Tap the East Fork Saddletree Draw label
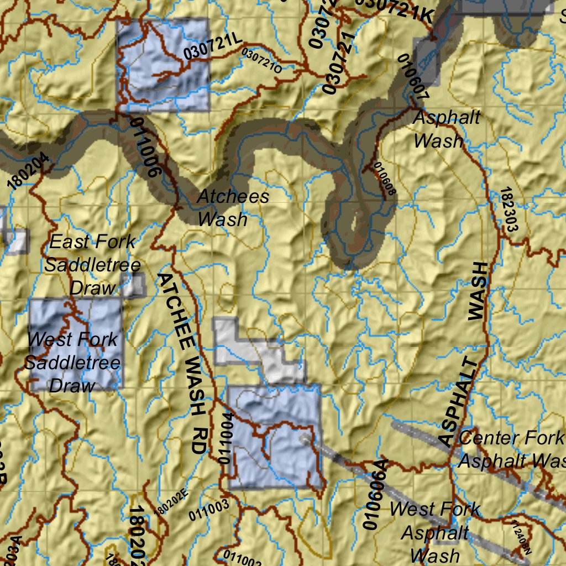(92, 264)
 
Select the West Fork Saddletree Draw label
(72, 362)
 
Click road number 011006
(147, 146)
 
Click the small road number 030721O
(262, 61)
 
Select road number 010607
(413, 76)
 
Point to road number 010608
(385, 179)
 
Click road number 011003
(208, 511)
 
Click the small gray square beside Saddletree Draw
(134, 285)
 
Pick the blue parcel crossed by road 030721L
(163, 64)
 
